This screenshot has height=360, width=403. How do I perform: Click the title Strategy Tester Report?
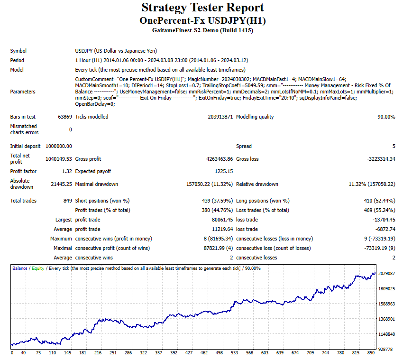coord(202,8)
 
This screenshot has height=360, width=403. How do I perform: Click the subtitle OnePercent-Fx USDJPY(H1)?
coord(202,21)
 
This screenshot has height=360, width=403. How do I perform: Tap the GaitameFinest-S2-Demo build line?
coord(202,30)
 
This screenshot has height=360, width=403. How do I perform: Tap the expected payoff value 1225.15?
coord(224,171)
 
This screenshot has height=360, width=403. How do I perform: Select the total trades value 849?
coord(67,201)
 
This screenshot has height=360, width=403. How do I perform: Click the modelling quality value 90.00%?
coord(386,117)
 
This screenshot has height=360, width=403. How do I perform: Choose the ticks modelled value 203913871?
coord(220,117)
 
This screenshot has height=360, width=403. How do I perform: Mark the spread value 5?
coord(394,146)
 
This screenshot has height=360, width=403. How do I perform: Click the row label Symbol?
coord(18,51)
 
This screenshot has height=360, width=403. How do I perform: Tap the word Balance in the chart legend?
coord(20,268)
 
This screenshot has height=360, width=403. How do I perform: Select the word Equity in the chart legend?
coord(38,268)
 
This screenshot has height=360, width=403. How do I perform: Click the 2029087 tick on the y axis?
coord(387,274)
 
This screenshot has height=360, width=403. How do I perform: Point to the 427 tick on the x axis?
coord(189,353)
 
